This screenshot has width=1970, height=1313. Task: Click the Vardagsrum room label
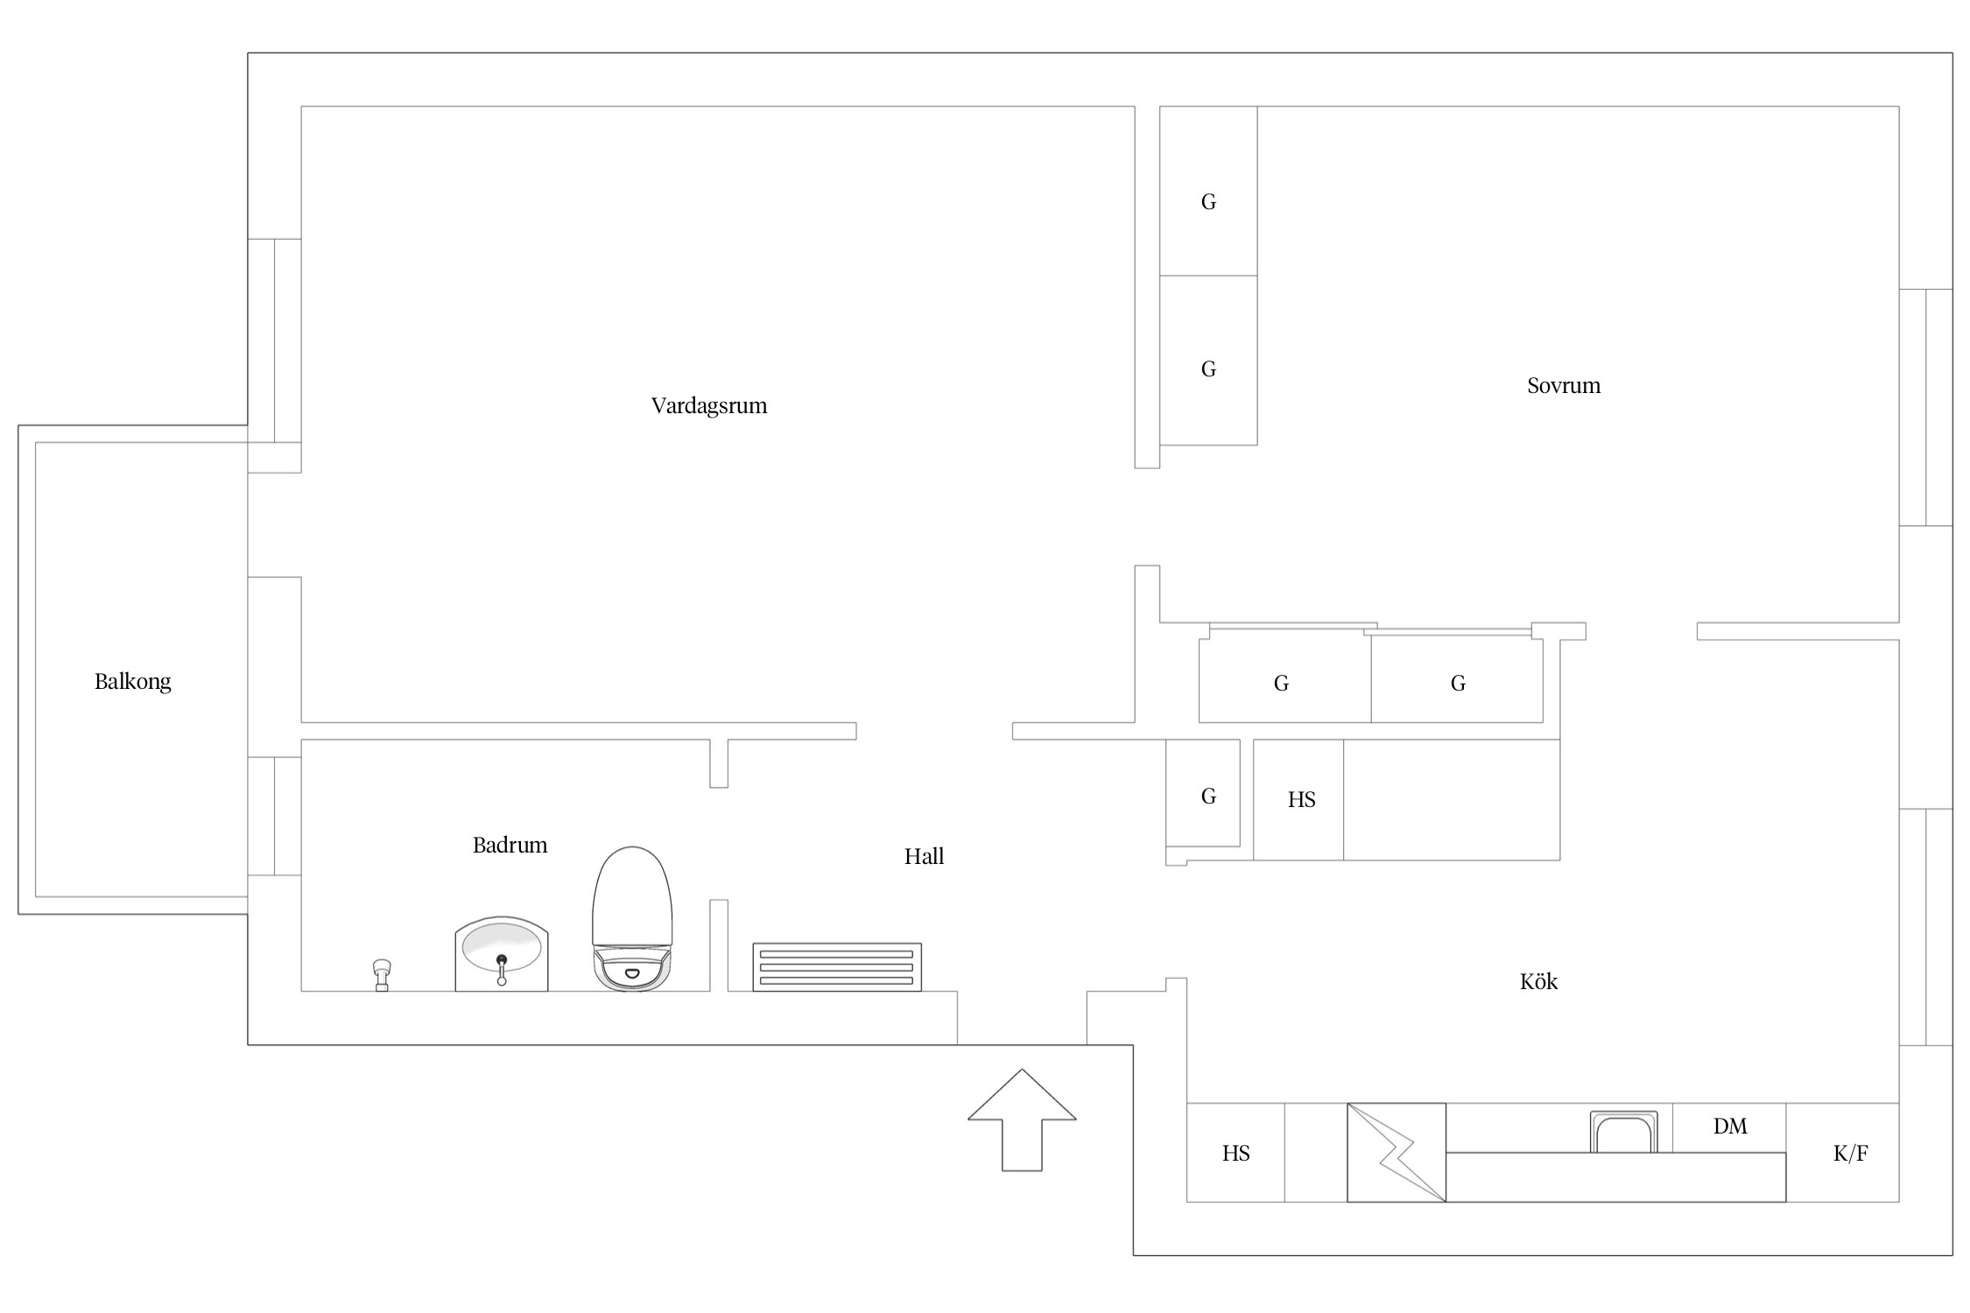709,406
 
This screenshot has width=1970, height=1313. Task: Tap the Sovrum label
1564,386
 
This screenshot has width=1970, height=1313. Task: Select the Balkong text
133,682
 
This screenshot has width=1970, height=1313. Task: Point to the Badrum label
510,845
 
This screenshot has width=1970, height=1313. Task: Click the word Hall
924,856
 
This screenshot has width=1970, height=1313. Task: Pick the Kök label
1538,981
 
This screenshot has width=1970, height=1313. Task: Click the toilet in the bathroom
632,918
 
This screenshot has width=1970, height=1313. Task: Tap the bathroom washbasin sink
502,954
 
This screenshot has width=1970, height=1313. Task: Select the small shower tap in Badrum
382,975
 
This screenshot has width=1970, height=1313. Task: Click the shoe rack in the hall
837,967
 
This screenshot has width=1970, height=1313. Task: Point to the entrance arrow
1022,1120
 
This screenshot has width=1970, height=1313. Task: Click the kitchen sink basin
1624,1133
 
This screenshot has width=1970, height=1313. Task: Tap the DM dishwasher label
1730,1127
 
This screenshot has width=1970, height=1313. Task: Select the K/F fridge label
1851,1154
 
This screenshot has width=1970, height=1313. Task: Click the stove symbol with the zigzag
1397,1153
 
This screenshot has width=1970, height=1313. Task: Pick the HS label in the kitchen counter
1236,1154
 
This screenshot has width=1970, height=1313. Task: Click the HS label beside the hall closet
1302,799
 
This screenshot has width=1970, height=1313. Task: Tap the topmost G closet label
1208,202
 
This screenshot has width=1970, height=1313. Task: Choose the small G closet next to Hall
1208,797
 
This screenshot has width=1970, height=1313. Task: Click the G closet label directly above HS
1281,684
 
